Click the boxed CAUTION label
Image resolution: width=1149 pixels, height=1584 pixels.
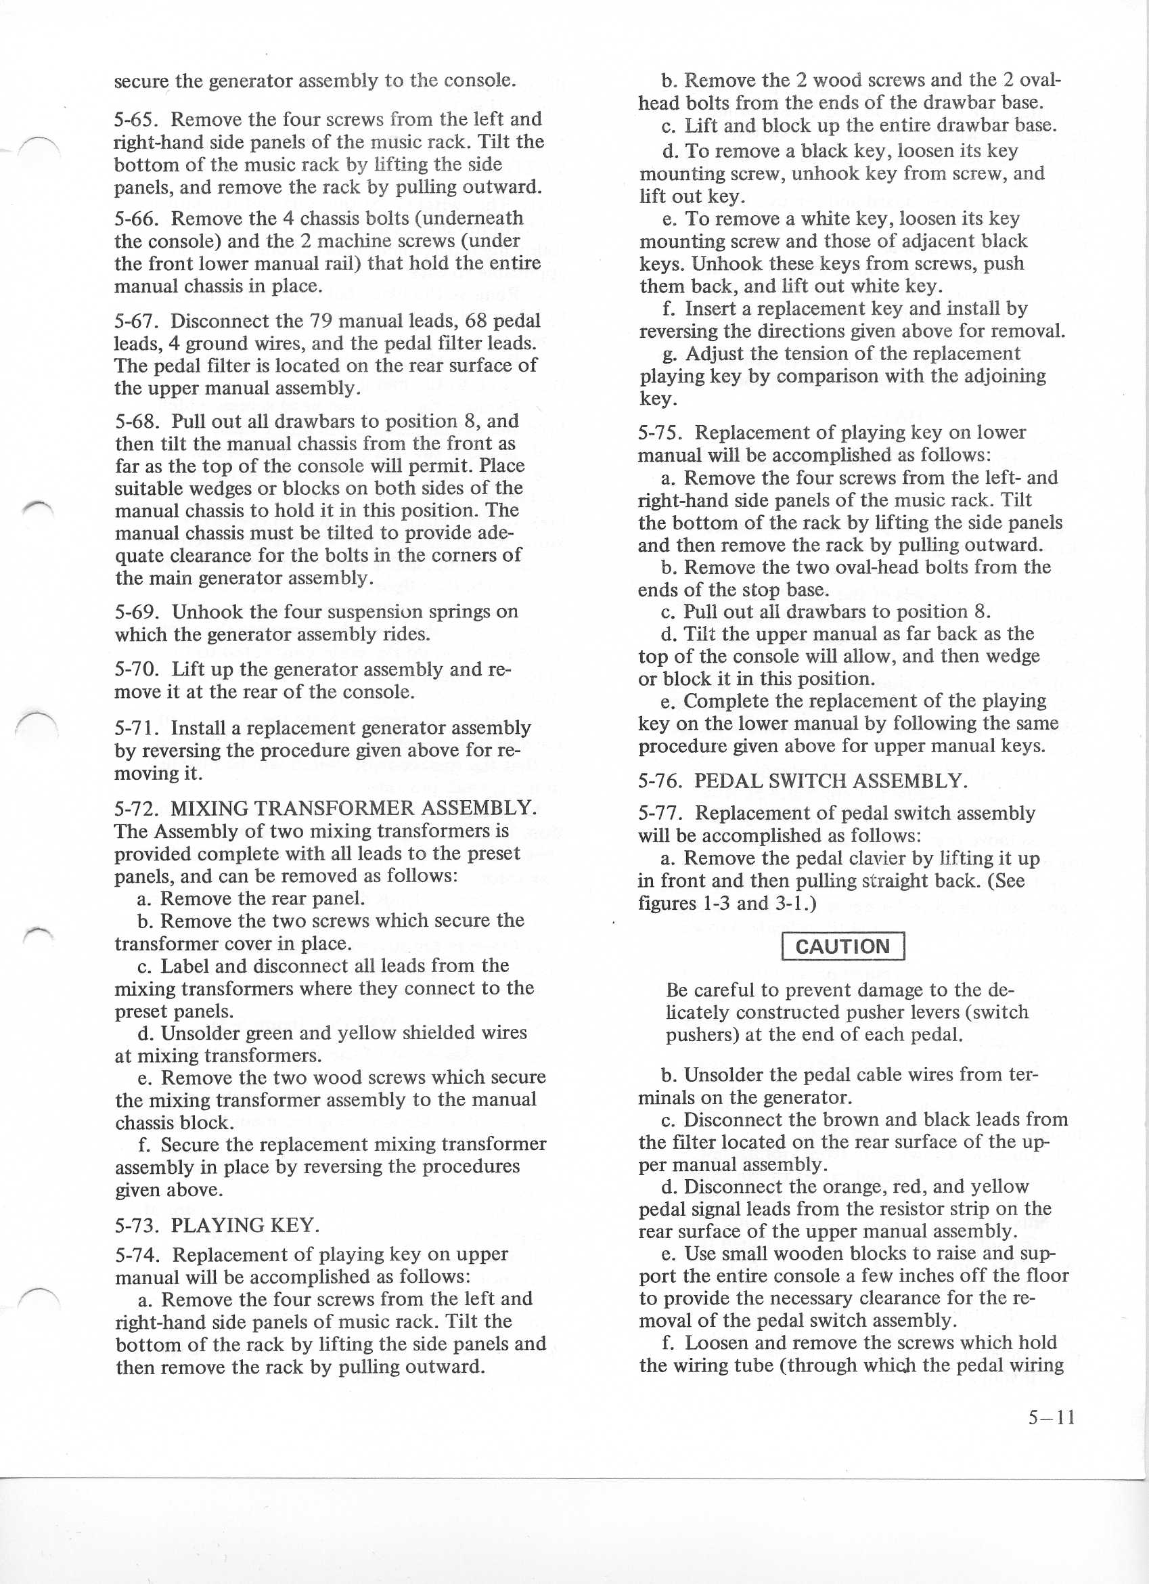click(842, 947)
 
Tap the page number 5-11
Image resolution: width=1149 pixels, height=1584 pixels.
click(1052, 1417)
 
